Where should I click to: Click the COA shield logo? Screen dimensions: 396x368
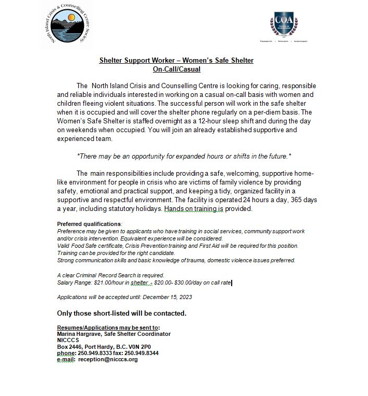point(284,24)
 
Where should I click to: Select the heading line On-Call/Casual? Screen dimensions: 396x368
point(176,69)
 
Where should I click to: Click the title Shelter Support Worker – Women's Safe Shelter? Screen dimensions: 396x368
point(176,61)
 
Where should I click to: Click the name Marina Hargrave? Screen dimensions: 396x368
point(79,334)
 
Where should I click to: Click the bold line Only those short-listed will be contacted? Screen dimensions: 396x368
point(121,314)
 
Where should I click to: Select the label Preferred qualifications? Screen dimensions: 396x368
point(89,223)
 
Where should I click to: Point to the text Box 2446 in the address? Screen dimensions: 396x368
point(69,347)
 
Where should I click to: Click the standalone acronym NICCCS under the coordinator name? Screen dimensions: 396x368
point(68,341)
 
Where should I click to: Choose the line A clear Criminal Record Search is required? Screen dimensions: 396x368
point(110,275)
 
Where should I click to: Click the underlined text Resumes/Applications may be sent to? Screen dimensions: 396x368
point(108,328)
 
